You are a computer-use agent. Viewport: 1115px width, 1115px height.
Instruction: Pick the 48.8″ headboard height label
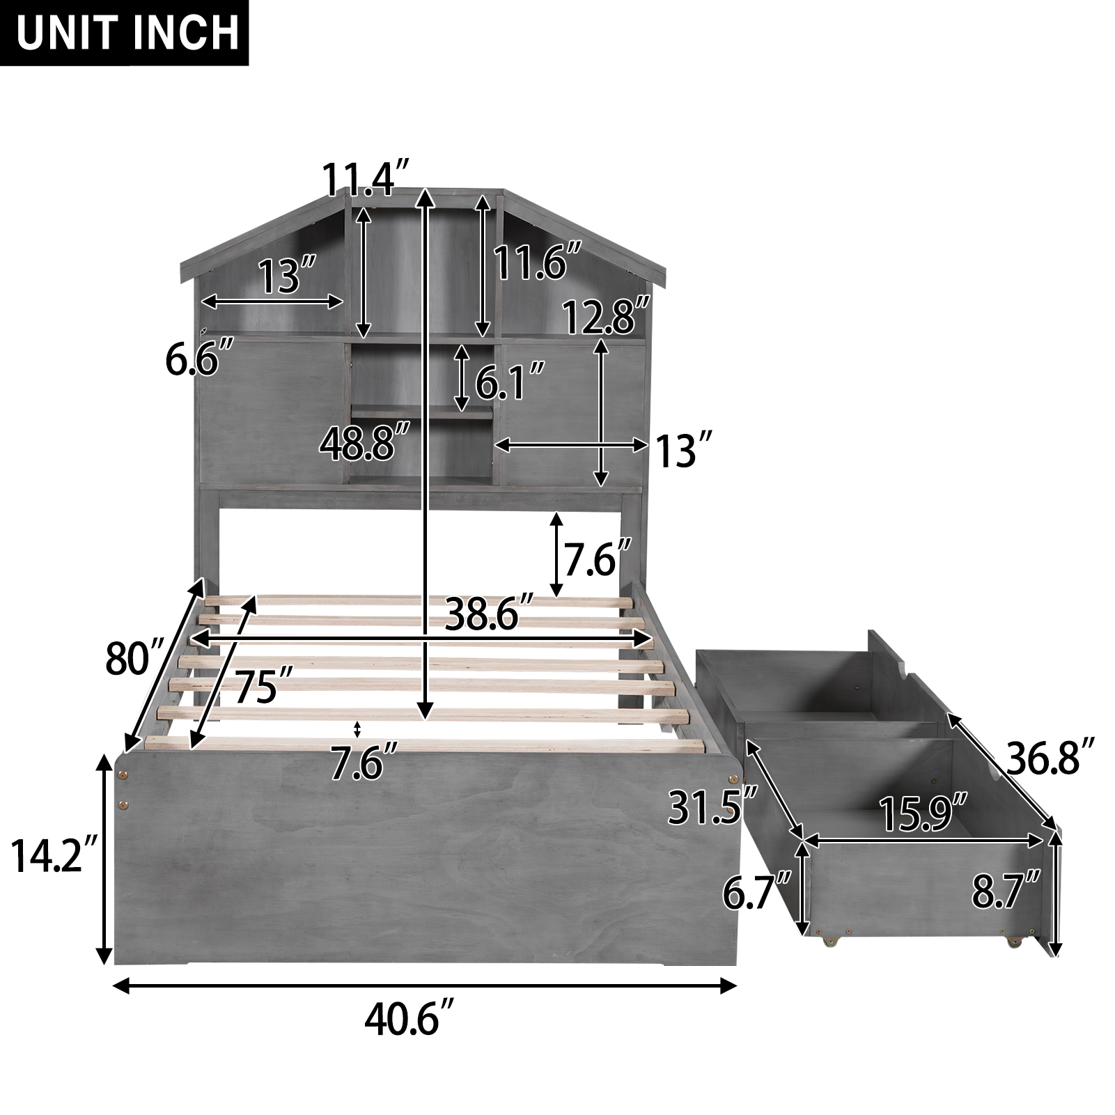coord(364,444)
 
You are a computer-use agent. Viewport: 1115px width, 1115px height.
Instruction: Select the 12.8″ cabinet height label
coord(606,317)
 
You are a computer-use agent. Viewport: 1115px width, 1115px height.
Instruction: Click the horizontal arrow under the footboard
coord(424,985)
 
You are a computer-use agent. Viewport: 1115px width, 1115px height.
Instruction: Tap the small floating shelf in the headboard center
coord(421,412)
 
